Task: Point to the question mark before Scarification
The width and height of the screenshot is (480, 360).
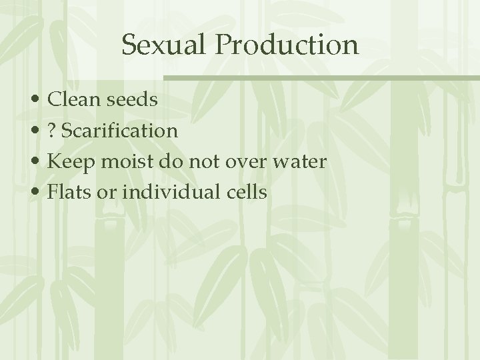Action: tap(53, 131)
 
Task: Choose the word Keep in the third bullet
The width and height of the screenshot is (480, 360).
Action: tap(70, 161)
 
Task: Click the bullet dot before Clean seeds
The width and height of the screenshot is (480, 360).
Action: tap(38, 101)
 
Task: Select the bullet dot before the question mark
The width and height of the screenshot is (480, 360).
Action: tap(38, 131)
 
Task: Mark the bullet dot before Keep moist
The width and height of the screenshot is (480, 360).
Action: tap(38, 162)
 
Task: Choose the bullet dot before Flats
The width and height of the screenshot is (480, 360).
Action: tap(38, 193)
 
